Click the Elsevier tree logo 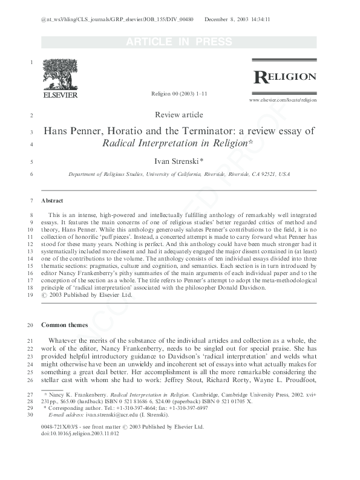[60, 76]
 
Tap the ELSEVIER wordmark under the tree [60, 96]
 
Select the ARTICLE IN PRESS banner [179, 42]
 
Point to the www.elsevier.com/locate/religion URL [283, 99]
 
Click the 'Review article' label [179, 115]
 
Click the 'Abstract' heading [53, 200]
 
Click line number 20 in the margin [30, 325]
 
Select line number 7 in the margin [31, 200]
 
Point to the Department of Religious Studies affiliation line [179, 174]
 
